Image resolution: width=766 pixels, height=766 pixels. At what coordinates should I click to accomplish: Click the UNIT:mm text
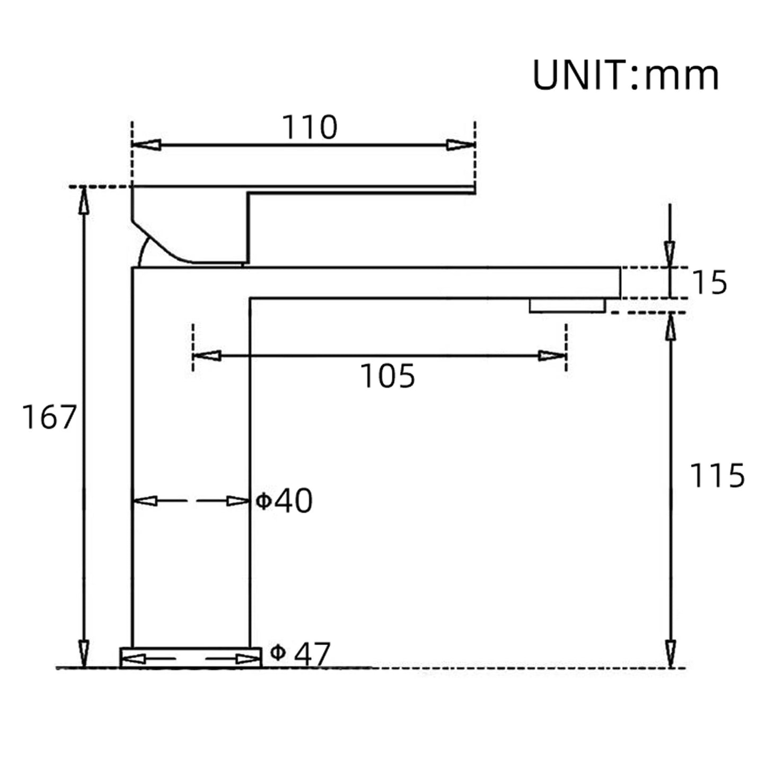tap(626, 75)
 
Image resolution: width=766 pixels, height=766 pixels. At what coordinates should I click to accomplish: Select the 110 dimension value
tap(309, 127)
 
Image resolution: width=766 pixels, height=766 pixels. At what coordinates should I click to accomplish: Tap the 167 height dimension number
tap(49, 417)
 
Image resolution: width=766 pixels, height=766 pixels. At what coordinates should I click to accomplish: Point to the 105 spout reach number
tap(388, 376)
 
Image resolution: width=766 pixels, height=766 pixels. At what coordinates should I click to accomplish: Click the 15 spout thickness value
tap(709, 283)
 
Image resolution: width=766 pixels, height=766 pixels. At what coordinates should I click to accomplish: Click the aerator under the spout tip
tap(567, 305)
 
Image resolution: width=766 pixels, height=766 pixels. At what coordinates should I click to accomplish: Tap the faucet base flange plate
tap(191, 657)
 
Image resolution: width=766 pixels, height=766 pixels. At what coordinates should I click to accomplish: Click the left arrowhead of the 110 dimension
tap(146, 145)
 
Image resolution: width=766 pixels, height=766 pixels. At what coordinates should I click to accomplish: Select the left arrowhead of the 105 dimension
tap(207, 356)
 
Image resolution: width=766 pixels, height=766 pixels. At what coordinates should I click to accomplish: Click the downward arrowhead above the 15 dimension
tap(671, 253)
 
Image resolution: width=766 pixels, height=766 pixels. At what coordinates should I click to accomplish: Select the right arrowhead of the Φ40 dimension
tap(238, 501)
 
